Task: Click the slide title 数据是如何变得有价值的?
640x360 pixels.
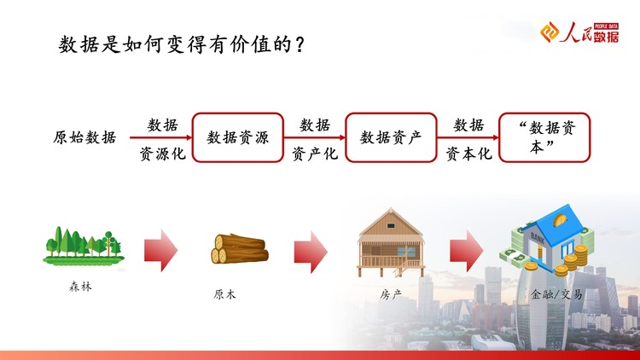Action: coord(181,44)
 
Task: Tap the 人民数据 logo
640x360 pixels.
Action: coord(579,32)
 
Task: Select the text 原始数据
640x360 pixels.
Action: coord(84,137)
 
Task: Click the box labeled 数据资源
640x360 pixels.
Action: coord(237,137)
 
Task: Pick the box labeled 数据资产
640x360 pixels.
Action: coord(391,137)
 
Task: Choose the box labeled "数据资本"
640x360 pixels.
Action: coord(544,137)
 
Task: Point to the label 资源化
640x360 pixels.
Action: coord(162,154)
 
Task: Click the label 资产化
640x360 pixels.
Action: coord(315,154)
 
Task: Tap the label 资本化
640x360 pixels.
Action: coord(468,154)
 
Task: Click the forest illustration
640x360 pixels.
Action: coord(84,246)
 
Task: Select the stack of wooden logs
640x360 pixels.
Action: coord(240,248)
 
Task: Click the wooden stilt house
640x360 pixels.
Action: coord(391,242)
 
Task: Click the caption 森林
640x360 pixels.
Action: coord(80,287)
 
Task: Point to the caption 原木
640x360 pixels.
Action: coord(224,294)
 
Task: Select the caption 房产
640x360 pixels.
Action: coord(391,294)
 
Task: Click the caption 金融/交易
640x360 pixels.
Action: coord(556,293)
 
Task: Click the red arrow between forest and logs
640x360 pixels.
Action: coord(160,251)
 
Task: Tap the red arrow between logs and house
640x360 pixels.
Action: coord(311,252)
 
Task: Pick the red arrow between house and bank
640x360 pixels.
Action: coord(467,251)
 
